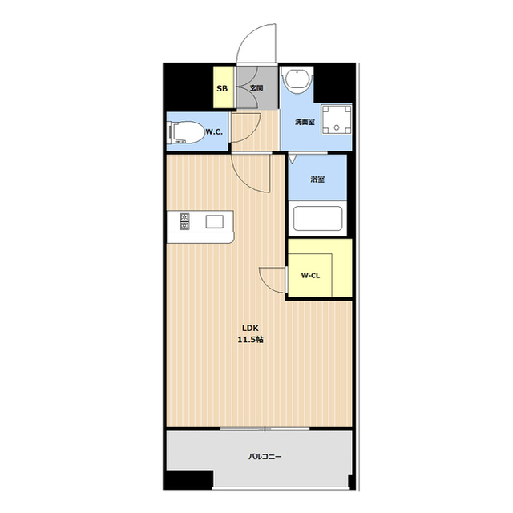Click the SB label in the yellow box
pyautogui.click(x=222, y=88)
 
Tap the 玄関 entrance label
pyautogui.click(x=256, y=88)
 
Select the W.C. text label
pyautogui.click(x=214, y=132)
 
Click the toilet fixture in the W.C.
pyautogui.click(x=185, y=132)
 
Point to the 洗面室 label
pyautogui.click(x=305, y=123)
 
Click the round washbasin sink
pyautogui.click(x=297, y=81)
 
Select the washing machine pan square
pyautogui.click(x=337, y=119)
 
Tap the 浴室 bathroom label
pyautogui.click(x=317, y=180)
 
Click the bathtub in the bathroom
pyautogui.click(x=317, y=218)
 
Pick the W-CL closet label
pyautogui.click(x=310, y=276)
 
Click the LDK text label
pyautogui.click(x=251, y=328)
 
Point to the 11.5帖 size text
pyautogui.click(x=251, y=340)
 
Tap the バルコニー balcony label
pyautogui.click(x=265, y=456)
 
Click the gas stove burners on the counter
pyautogui.click(x=185, y=221)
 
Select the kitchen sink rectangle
pyautogui.click(x=215, y=222)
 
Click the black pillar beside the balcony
pyautogui.click(x=188, y=480)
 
